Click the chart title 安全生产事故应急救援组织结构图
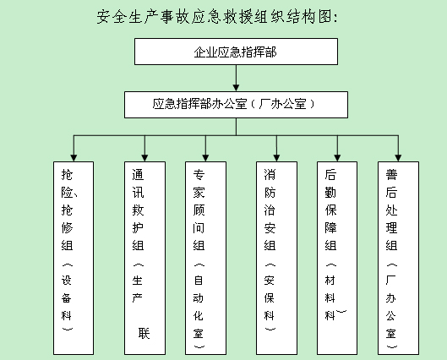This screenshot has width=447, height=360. click(x=217, y=17)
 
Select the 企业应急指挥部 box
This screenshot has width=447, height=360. click(x=236, y=52)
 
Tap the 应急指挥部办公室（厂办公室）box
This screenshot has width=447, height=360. click(x=236, y=105)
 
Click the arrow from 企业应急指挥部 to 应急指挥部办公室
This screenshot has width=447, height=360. click(x=236, y=78)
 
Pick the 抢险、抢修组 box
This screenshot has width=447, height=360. click(x=74, y=258)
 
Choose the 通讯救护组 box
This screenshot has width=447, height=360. click(x=144, y=258)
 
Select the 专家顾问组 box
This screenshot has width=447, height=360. click(x=205, y=258)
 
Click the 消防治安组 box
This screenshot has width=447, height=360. click(x=276, y=258)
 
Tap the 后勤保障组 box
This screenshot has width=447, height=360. click(x=337, y=258)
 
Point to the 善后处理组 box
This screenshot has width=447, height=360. click(x=398, y=258)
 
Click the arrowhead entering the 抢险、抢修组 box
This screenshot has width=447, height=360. click(x=74, y=158)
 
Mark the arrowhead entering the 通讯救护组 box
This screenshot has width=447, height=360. click(x=144, y=158)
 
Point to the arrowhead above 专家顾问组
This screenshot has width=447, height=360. click(x=205, y=158)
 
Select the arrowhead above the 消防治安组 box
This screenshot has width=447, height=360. click(x=276, y=158)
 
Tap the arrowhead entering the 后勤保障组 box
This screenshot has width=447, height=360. click(x=337, y=158)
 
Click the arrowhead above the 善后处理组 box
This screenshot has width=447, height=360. click(x=398, y=158)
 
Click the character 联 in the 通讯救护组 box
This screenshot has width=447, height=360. click(x=144, y=333)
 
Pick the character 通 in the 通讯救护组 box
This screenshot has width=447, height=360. click(x=138, y=175)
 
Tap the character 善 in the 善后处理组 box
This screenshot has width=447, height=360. click(x=391, y=175)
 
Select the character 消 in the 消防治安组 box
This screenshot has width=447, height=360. click(x=270, y=175)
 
